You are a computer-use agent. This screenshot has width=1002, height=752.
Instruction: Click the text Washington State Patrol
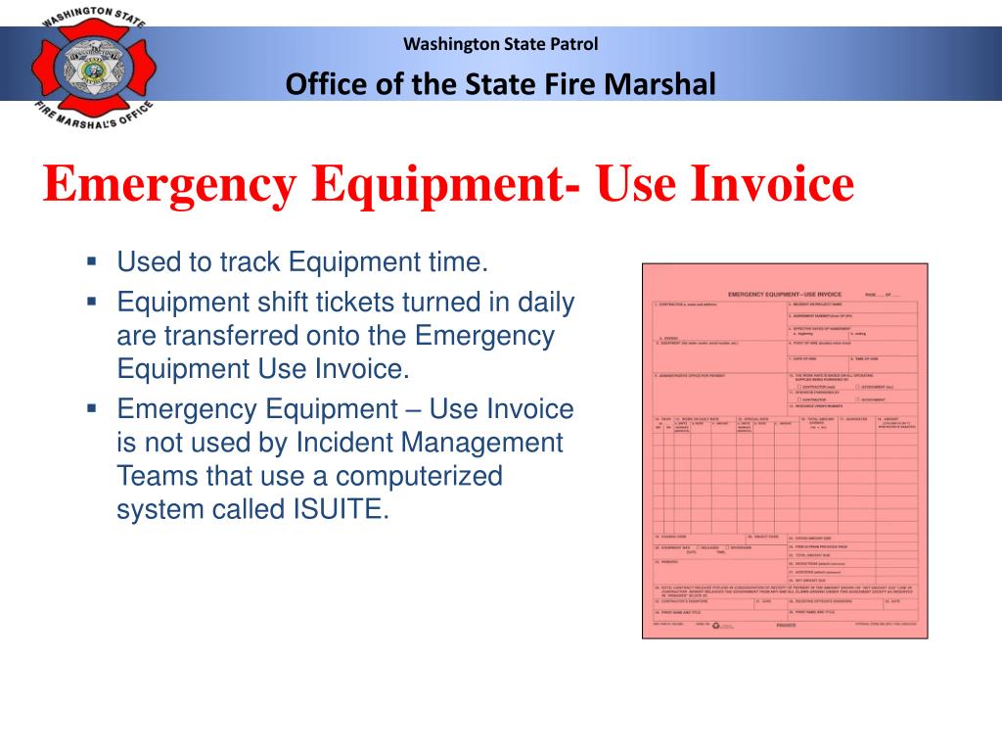tap(500, 43)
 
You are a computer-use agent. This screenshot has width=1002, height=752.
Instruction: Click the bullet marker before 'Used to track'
tap(91, 261)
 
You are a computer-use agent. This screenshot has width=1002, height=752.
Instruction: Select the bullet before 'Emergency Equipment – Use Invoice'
tap(91, 406)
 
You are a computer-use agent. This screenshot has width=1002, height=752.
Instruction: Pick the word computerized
tap(422, 477)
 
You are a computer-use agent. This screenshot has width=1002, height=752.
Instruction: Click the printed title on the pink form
tap(785, 294)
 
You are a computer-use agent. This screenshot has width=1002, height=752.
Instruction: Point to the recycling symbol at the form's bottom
tap(715, 624)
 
